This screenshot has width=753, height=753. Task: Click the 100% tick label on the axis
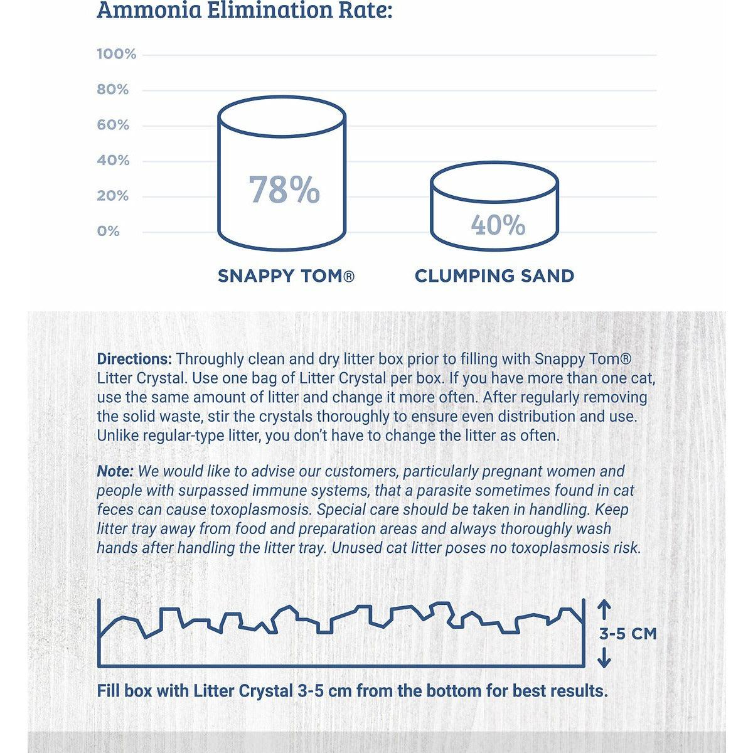click(116, 54)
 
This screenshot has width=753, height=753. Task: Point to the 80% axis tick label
click(113, 90)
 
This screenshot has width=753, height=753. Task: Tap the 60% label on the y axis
click(113, 125)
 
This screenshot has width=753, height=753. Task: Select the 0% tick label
click(108, 231)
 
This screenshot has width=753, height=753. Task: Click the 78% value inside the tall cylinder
click(284, 190)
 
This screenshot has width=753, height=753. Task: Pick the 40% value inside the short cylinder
click(498, 225)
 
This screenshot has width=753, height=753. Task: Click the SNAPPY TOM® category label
click(286, 276)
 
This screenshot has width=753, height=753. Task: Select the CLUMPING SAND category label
click(494, 276)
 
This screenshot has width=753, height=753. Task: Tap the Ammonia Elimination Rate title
click(244, 11)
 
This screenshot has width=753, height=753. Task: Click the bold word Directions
click(134, 359)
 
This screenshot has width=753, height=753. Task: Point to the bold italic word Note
click(115, 471)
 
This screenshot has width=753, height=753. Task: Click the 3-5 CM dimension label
click(627, 634)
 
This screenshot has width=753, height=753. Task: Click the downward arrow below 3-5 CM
click(604, 657)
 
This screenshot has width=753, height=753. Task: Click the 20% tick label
click(113, 196)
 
